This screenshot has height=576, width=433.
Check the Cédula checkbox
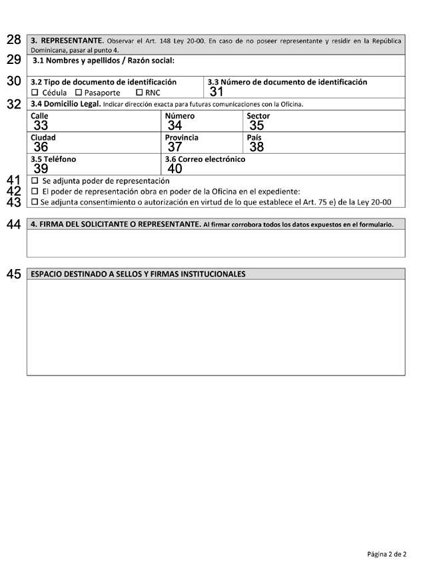coord(35,93)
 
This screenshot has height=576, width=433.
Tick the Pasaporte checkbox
coord(79,93)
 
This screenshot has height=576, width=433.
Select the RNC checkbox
coord(139,93)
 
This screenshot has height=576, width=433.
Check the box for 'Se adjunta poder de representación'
coord(35,180)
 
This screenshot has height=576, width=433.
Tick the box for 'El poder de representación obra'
coord(35,191)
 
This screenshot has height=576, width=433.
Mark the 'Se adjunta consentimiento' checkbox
coord(35,202)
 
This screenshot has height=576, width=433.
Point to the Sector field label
coord(258,116)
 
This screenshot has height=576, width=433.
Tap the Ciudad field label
coord(43,138)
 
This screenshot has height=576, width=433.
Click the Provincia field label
coord(182,138)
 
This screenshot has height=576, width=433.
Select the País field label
coord(254,138)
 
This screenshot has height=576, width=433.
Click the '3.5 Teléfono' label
coord(53,159)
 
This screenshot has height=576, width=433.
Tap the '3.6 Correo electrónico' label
coord(205,159)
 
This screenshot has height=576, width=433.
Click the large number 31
coord(217,93)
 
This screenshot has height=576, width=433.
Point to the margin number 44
coord(13,225)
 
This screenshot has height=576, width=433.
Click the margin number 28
coord(13,40)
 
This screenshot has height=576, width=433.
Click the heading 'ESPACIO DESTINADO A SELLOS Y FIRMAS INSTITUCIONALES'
coord(138,274)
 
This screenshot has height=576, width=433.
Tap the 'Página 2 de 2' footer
coord(386,553)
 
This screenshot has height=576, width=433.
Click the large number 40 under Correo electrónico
coord(175,169)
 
